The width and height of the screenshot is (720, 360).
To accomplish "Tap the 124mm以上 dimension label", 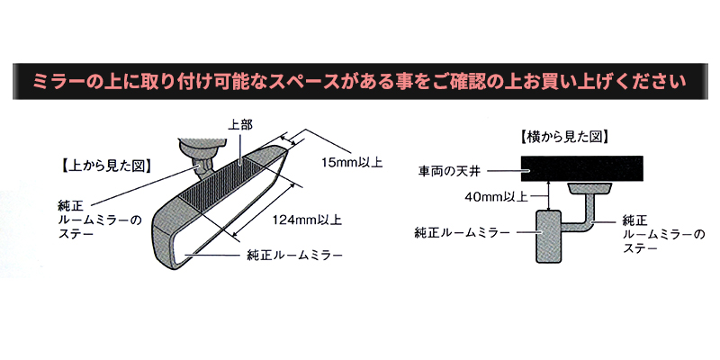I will coord(308,219).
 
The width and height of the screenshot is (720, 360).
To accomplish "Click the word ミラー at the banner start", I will coord(53,83).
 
